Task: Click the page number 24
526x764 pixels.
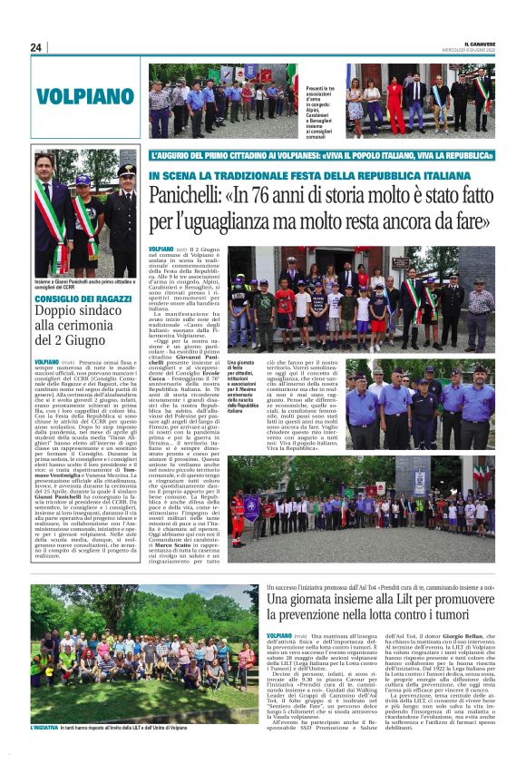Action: coord(35,47)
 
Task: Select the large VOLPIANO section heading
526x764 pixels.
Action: coord(85,95)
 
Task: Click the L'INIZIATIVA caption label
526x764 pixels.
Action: coord(43,752)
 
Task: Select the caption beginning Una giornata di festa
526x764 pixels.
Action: coord(242,387)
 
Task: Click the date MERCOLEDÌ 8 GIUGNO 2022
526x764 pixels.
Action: coord(479,50)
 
